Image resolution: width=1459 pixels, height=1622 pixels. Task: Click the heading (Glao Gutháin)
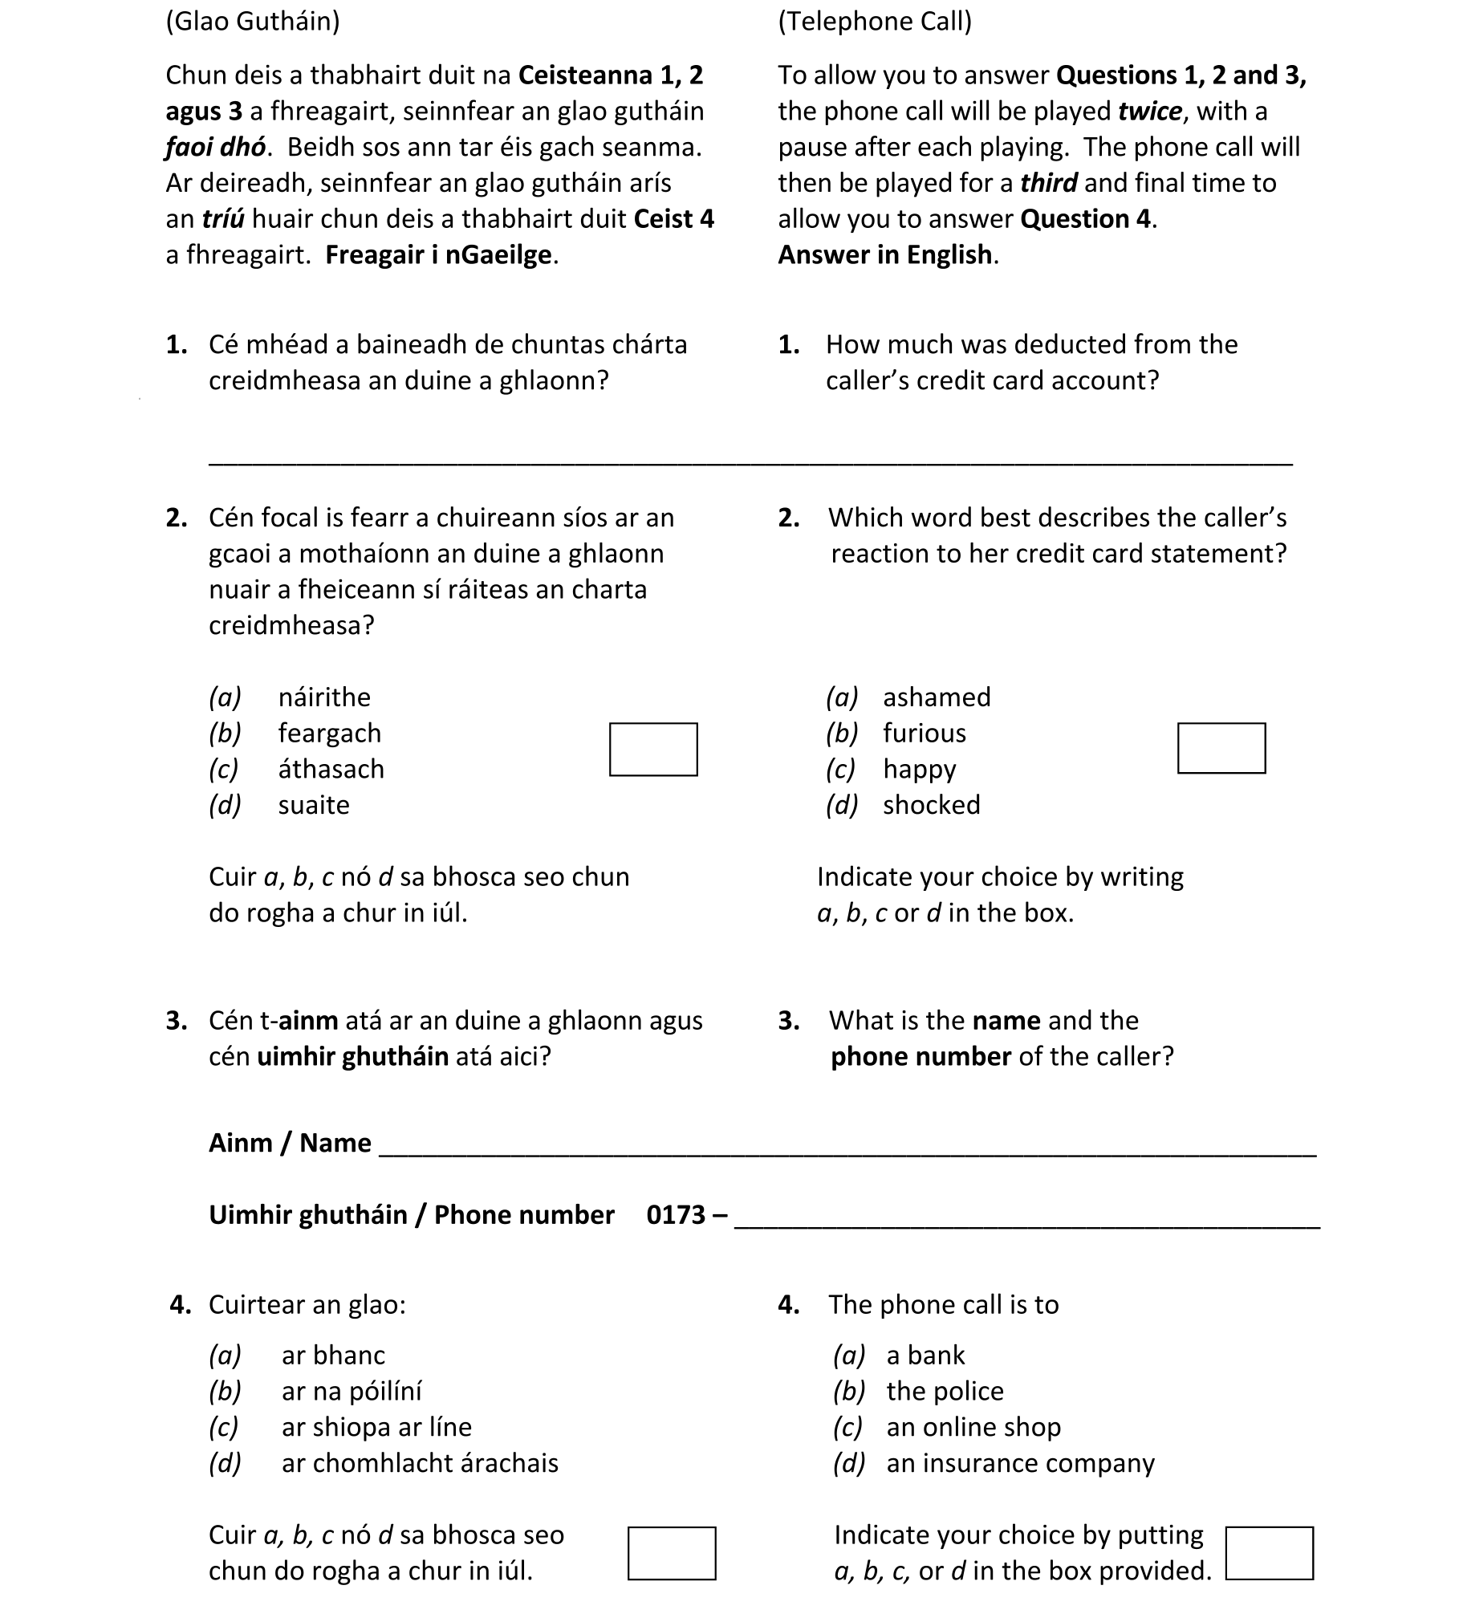point(252,21)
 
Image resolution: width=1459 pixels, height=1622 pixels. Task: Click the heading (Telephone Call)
point(874,21)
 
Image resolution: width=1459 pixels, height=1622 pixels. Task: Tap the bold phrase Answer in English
point(887,254)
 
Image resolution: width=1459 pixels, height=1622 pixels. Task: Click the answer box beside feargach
point(652,749)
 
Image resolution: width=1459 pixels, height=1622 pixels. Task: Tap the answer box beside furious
point(1221,747)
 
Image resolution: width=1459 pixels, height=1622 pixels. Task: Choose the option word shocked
point(931,804)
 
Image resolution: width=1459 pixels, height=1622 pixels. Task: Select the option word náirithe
point(324,697)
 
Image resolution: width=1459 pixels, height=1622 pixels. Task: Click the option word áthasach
point(331,769)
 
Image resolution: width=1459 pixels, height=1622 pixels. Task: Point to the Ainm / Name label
point(290,1142)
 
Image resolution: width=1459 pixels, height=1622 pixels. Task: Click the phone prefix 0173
point(675,1214)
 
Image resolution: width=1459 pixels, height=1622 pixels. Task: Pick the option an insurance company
point(1019,1462)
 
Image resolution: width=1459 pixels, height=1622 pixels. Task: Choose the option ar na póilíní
point(351,1390)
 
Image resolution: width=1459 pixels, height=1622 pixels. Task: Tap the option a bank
point(925,1355)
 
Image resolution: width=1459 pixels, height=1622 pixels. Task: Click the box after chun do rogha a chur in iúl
point(671,1552)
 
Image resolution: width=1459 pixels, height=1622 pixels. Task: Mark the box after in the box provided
point(1269,1552)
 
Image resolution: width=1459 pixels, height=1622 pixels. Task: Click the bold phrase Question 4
point(1086,219)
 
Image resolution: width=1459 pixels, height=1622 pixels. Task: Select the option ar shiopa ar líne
point(376,1426)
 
